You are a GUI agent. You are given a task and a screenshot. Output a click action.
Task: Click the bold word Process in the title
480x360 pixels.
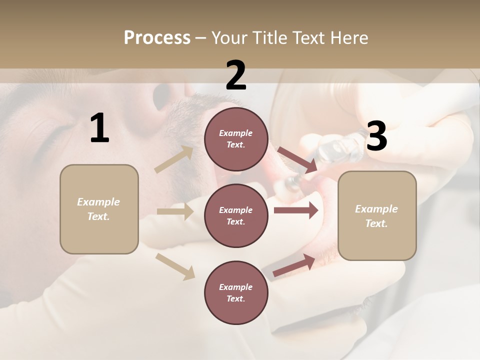click(157, 38)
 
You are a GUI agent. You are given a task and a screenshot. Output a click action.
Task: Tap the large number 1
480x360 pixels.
click(99, 129)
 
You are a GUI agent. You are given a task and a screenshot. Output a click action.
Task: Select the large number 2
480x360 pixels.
click(236, 76)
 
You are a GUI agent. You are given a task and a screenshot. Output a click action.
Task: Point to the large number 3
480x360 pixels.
click(376, 137)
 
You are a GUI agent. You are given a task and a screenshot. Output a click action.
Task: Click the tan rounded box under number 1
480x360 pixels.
click(99, 209)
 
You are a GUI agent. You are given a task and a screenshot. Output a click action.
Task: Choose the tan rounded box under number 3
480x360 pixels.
click(377, 216)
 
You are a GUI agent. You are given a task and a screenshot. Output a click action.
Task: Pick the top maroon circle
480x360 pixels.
click(236, 139)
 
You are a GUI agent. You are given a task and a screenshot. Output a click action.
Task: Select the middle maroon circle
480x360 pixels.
click(236, 215)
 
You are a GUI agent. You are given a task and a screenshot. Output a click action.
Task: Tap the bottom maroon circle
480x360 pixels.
click(236, 292)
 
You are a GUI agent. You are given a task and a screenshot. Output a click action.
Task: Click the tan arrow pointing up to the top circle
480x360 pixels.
click(174, 159)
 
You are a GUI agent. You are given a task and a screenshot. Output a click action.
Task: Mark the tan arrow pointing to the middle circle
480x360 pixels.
click(174, 211)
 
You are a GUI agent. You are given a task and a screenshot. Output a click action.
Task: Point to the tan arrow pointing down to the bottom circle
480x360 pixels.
click(175, 266)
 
